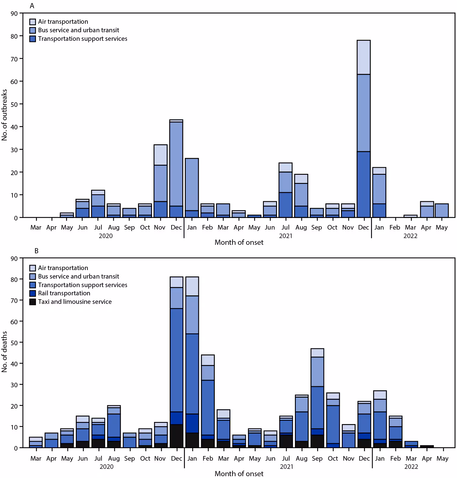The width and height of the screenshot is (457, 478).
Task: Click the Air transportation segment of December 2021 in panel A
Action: pyautogui.click(x=363, y=57)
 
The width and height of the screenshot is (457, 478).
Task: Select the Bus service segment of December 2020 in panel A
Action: pyautogui.click(x=176, y=164)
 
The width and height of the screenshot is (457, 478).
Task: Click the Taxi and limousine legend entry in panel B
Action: pyautogui.click(x=75, y=302)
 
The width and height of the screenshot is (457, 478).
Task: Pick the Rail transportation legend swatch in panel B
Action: pyautogui.click(x=33, y=293)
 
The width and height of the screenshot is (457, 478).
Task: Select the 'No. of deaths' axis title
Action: pyautogui.click(x=4, y=352)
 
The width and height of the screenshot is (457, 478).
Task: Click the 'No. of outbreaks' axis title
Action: pyautogui.click(x=4, y=115)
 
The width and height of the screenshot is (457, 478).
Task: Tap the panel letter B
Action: pyautogui.click(x=37, y=251)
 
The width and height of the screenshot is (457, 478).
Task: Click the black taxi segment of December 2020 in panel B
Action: pyautogui.click(x=176, y=436)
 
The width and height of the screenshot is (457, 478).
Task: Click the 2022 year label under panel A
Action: pyautogui.click(x=410, y=236)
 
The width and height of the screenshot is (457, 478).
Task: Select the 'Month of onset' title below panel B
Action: pyautogui.click(x=239, y=473)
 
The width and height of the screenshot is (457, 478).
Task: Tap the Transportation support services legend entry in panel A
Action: pyautogui.click(x=82, y=39)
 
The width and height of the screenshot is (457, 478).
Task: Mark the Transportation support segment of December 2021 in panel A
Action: pyautogui.click(x=363, y=184)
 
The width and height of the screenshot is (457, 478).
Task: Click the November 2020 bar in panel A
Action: pyautogui.click(x=160, y=181)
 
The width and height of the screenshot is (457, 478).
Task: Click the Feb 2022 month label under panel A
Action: pyautogui.click(x=395, y=227)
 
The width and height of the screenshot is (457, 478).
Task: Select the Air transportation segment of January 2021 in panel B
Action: pyautogui.click(x=192, y=286)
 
